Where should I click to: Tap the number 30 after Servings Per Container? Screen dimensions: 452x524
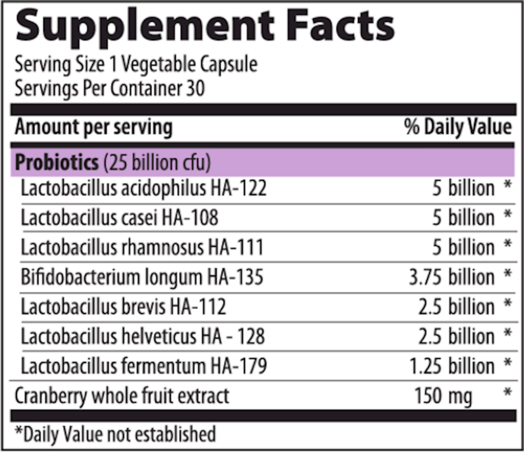pos(195,88)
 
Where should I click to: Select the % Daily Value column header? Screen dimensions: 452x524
pos(457,127)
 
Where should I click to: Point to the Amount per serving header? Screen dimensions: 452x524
pos(93,127)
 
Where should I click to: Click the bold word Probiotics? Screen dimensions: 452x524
pos(57,163)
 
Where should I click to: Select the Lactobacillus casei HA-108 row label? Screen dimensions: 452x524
pos(119,217)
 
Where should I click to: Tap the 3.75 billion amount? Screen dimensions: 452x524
pos(451,277)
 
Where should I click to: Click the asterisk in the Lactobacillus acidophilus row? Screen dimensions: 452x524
pos(507,186)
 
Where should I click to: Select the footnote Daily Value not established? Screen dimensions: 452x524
pos(115,434)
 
